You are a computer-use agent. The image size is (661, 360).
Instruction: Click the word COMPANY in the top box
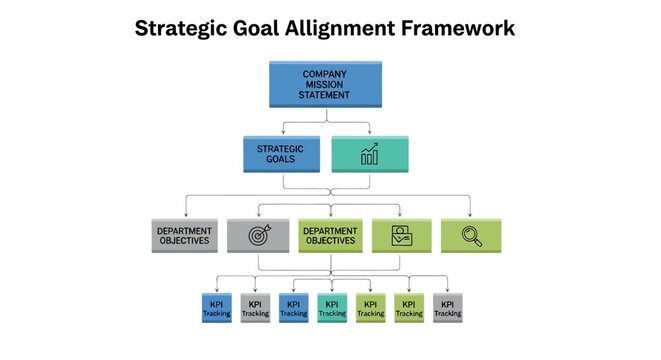click(x=325, y=73)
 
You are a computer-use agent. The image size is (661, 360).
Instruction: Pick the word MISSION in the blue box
click(x=325, y=84)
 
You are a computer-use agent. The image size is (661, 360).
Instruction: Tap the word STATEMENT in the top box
click(x=325, y=95)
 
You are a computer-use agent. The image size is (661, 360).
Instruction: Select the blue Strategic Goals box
click(x=282, y=154)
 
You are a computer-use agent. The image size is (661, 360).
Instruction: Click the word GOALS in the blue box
click(x=282, y=160)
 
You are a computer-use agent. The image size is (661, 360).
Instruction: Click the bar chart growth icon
click(x=369, y=154)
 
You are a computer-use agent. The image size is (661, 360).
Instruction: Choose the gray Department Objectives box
click(x=184, y=235)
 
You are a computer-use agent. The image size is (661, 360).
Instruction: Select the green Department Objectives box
click(x=330, y=235)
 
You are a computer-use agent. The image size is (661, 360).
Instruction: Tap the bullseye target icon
click(x=258, y=236)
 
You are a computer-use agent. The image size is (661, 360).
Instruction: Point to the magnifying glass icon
click(x=472, y=236)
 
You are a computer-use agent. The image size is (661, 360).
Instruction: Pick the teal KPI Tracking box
click(x=332, y=308)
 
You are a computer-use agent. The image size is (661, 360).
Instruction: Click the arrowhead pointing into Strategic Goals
click(x=283, y=133)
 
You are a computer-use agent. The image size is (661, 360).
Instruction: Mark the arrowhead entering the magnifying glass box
click(x=472, y=215)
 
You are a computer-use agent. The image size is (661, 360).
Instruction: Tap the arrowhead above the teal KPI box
click(x=332, y=290)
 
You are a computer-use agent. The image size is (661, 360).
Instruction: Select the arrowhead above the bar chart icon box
click(x=369, y=133)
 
